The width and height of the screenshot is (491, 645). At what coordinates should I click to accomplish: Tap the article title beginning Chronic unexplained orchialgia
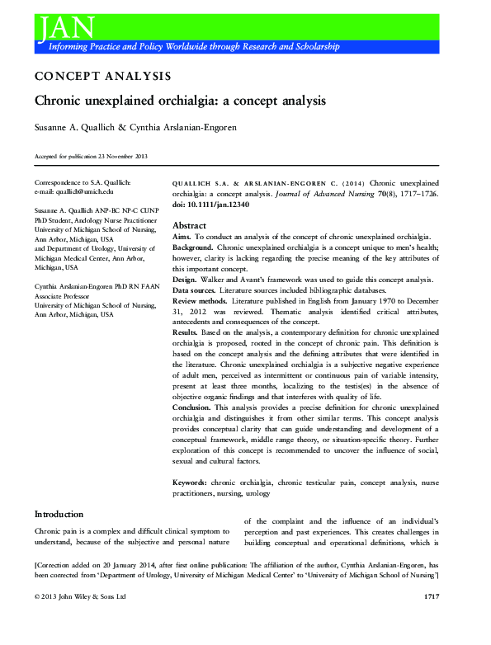[180, 101]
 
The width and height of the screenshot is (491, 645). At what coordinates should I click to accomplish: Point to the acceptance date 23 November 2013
[124, 156]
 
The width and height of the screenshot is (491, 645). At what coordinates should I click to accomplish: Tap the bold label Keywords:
[196, 481]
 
